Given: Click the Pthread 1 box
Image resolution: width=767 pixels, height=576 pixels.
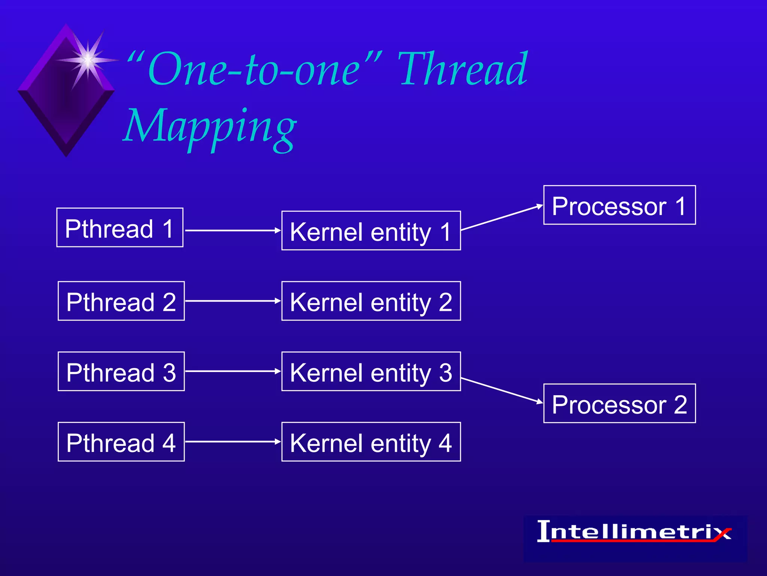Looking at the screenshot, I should point(120,228).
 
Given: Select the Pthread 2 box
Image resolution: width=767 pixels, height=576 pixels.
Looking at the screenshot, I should point(121,301).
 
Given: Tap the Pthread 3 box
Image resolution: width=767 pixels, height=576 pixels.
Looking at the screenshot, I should point(121,371).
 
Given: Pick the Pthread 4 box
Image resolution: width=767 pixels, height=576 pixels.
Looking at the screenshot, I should point(121,442).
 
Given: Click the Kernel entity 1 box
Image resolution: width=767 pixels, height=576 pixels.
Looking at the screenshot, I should point(371,231).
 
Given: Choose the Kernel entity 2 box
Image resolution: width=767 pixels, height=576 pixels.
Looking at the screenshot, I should point(371,301).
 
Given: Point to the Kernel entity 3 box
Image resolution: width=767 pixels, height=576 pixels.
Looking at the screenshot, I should point(371,371).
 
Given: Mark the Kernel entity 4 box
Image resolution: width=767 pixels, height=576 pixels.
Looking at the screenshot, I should point(371,442).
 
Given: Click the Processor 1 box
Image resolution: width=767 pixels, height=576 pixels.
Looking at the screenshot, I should point(619,205).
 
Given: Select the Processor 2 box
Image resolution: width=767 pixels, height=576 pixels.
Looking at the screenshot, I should point(619,403).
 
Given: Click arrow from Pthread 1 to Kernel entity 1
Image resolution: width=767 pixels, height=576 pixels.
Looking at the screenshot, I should point(232,230).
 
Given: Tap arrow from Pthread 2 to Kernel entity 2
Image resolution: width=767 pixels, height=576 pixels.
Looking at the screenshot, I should point(232,301).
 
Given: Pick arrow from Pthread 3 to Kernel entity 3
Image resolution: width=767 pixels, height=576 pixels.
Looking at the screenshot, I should point(232,371).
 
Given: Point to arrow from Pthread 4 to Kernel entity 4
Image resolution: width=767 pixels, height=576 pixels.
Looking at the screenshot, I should point(232,442).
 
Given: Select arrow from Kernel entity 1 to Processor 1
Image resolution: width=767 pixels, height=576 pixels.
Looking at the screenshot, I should point(502,217).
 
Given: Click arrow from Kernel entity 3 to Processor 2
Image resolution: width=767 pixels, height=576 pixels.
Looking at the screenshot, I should point(502,390).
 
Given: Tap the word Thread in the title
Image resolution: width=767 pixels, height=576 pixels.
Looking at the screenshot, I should point(463,69).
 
